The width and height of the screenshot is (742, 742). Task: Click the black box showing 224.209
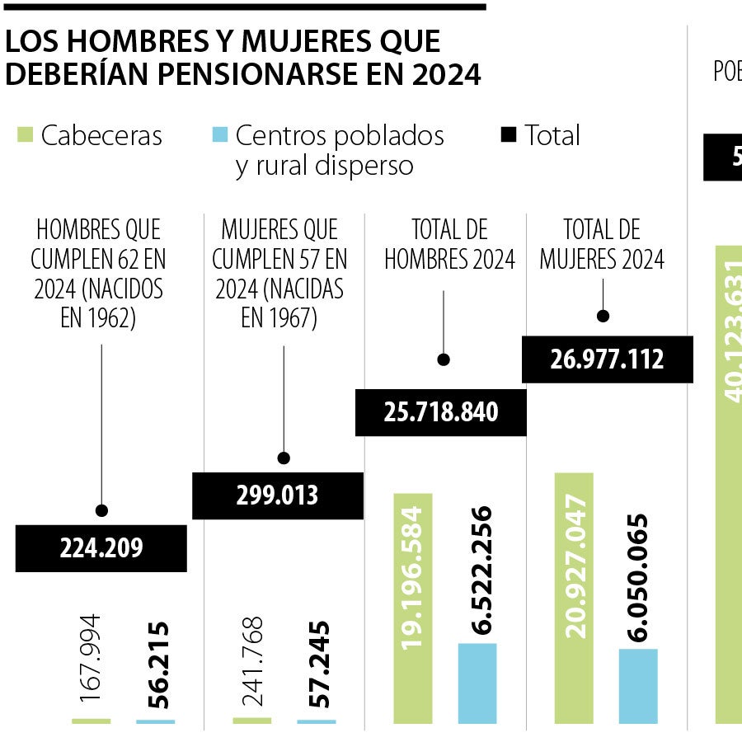click(x=101, y=547)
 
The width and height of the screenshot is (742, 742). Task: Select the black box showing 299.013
click(x=277, y=495)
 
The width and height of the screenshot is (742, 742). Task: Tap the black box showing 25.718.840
click(x=440, y=412)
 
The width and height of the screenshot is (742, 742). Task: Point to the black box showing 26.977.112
click(x=607, y=359)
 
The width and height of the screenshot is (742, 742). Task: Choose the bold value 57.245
click(x=316, y=663)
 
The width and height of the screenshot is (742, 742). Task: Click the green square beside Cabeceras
click(x=25, y=134)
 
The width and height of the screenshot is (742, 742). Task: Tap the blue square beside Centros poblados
click(x=219, y=134)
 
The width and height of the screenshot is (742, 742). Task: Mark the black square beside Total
click(x=508, y=134)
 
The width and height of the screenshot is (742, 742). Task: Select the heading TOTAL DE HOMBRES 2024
click(x=449, y=245)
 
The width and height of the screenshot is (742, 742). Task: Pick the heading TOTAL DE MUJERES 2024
click(x=602, y=245)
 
